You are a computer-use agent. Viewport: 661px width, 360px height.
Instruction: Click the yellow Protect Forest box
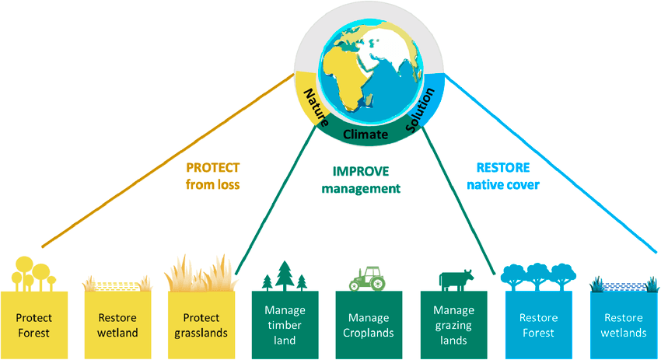click(x=33, y=324)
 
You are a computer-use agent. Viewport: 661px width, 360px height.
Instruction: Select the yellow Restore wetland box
click(x=117, y=324)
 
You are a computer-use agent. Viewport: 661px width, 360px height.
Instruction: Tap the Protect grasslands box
click(x=201, y=324)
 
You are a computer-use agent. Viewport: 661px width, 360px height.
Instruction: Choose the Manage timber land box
click(x=285, y=324)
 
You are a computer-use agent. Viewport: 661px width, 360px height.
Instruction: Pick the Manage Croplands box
click(x=369, y=324)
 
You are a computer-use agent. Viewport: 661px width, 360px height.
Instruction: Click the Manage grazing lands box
click(x=453, y=324)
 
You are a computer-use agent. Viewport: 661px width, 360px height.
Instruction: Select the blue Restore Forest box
click(x=538, y=324)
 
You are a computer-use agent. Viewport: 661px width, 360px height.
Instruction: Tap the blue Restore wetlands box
click(x=622, y=324)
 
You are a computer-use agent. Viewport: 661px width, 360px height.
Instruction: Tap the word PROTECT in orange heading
click(x=212, y=167)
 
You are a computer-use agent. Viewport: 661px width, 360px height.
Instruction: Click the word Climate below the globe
click(x=365, y=135)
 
